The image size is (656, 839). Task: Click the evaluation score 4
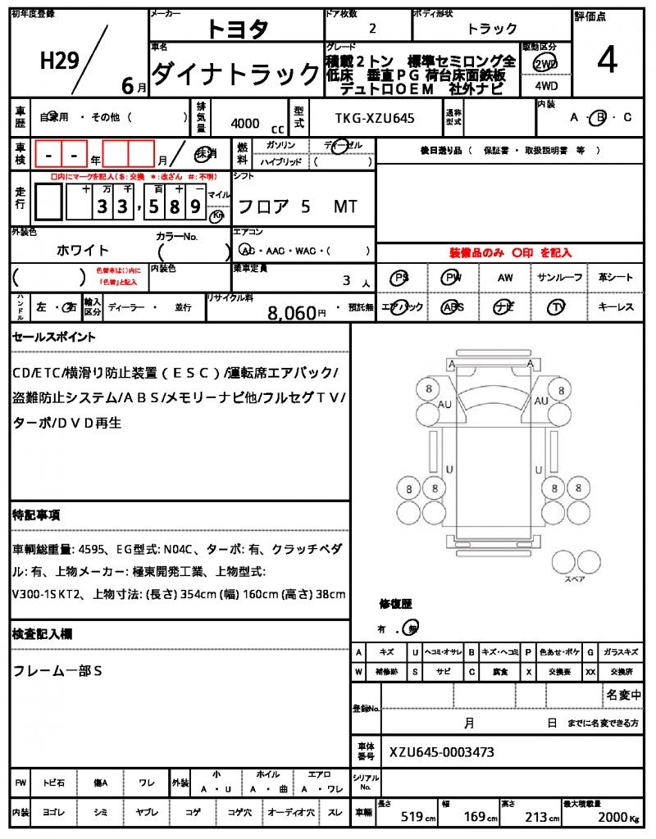608,61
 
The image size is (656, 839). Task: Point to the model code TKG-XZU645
375,119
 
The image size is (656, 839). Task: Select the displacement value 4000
245,124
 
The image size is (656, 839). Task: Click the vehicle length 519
417,817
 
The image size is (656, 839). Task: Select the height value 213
537,817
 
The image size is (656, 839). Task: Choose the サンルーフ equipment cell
559,278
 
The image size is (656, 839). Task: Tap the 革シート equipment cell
615,278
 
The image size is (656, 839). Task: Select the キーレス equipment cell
615,307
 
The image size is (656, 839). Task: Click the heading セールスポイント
54,337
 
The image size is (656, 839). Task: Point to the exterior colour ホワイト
83,250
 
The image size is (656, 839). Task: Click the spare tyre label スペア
574,578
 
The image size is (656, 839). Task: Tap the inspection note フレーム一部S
57,671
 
